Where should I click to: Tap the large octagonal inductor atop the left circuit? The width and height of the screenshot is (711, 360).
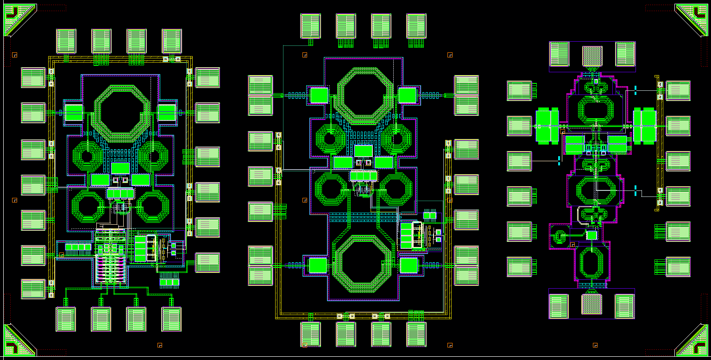pyautogui.click(x=123, y=113)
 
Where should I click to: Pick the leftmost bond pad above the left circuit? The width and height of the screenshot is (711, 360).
pyautogui.click(x=66, y=41)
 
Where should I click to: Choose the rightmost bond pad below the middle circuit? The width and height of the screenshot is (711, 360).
pyautogui.click(x=416, y=334)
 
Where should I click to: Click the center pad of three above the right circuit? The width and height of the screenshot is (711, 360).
pyautogui.click(x=592, y=56)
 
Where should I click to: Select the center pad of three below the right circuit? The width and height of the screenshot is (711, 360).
pyautogui.click(x=591, y=305)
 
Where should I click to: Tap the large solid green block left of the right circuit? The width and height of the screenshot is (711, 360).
pyautogui.click(x=547, y=125)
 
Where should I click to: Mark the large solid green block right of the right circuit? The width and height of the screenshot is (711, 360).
pyautogui.click(x=645, y=125)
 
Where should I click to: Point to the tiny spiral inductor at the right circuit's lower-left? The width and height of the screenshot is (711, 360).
pyautogui.click(x=559, y=237)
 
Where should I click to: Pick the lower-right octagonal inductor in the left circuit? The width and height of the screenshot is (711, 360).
pyautogui.click(x=153, y=207)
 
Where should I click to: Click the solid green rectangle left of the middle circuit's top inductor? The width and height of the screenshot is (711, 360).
pyautogui.click(x=318, y=95)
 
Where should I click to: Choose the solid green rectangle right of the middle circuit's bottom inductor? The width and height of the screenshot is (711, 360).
pyautogui.click(x=409, y=265)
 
